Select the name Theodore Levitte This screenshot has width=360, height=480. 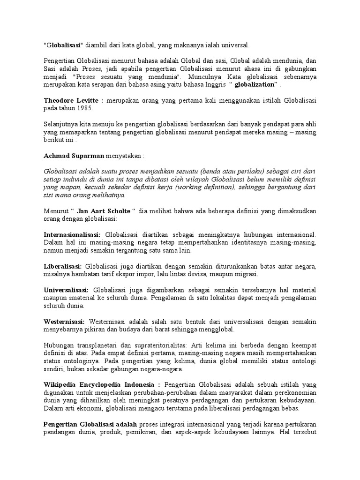pyautogui.click(x=72, y=100)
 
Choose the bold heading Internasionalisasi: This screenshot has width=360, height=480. pyautogui.click(x=72, y=234)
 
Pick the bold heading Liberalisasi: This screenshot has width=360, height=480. pyautogui.click(x=62, y=266)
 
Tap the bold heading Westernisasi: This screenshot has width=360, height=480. pyautogui.click(x=64, y=322)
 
